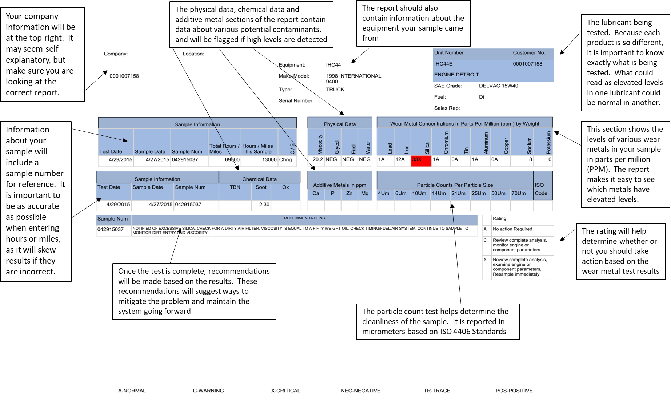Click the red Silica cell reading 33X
(x=421, y=161)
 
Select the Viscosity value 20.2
(x=318, y=159)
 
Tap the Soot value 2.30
(x=264, y=205)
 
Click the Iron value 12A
(x=400, y=159)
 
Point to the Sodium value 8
(x=531, y=159)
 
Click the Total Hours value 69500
(x=232, y=159)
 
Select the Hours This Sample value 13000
(x=269, y=159)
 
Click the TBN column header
(x=235, y=187)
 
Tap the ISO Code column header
(x=541, y=189)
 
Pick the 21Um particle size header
(x=458, y=193)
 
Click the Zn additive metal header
(x=349, y=193)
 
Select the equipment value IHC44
(x=333, y=65)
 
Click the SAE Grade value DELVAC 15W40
(x=499, y=86)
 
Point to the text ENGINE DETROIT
(x=456, y=75)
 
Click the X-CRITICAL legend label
(x=285, y=391)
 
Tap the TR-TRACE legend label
(x=437, y=391)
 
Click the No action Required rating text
(x=512, y=229)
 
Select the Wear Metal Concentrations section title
(x=465, y=124)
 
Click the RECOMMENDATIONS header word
(x=304, y=218)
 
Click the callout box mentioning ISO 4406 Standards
(x=438, y=322)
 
